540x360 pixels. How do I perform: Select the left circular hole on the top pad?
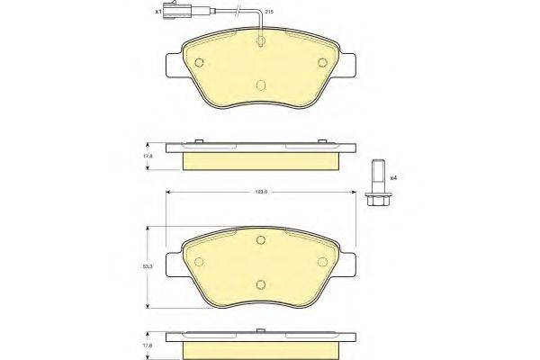(201, 61)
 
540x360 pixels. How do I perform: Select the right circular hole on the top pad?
(323, 61)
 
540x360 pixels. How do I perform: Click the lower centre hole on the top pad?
(261, 85)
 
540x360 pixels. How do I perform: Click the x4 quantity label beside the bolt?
(393, 177)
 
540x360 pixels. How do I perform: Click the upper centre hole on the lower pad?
(261, 239)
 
